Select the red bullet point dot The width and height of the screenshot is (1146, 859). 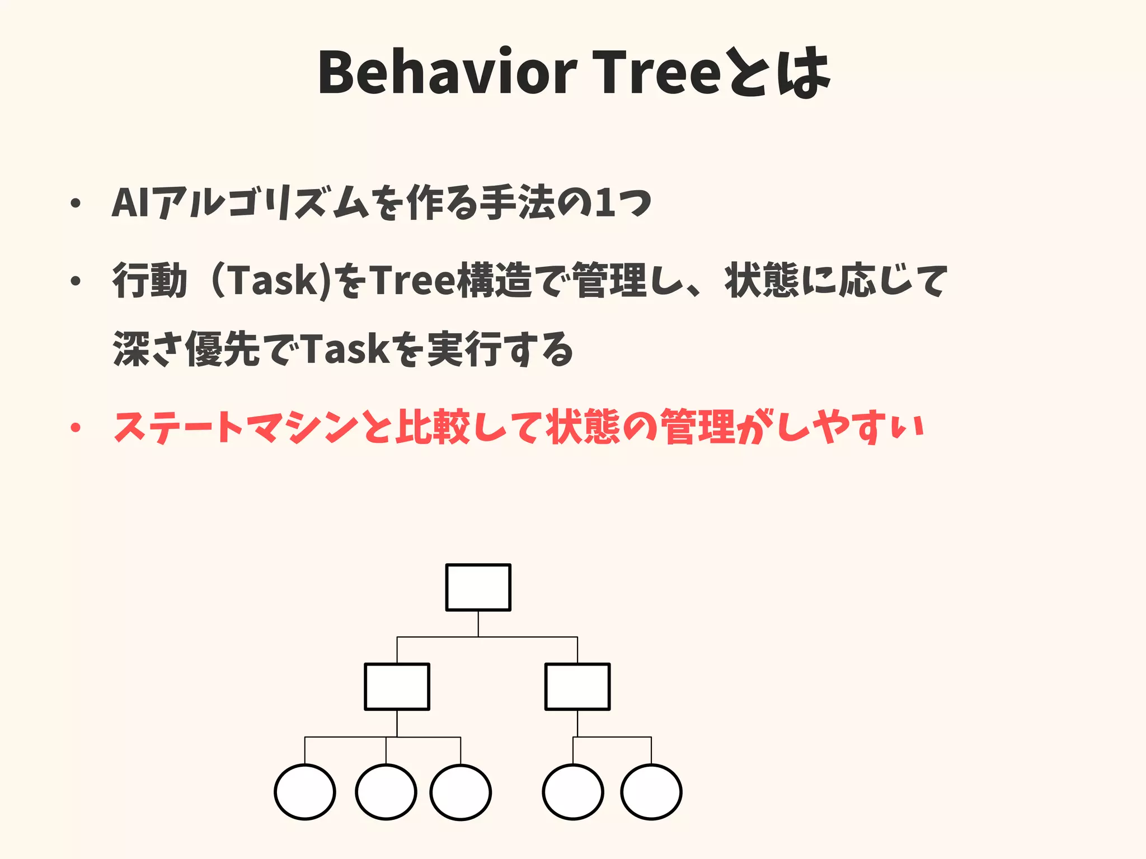[x=76, y=428]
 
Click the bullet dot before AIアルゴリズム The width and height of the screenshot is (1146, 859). [x=76, y=203]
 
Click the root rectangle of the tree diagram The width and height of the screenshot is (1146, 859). [x=478, y=587]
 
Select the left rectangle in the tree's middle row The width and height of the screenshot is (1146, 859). [x=397, y=687]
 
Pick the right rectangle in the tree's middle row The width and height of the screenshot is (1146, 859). [x=577, y=687]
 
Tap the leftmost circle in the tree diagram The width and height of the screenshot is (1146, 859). [x=305, y=792]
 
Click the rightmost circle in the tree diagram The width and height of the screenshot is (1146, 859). [x=651, y=792]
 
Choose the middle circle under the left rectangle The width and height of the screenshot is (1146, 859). [x=386, y=792]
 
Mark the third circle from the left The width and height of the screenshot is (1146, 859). [x=461, y=792]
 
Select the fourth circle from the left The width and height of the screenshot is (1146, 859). [x=573, y=792]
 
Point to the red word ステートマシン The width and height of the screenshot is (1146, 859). [x=236, y=428]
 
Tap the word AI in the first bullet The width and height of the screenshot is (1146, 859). [x=130, y=202]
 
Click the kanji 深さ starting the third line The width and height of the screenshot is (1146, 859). [x=148, y=350]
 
